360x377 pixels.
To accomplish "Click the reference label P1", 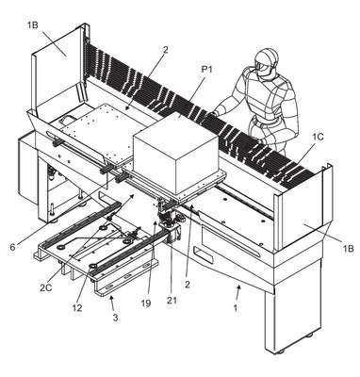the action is click(x=206, y=70).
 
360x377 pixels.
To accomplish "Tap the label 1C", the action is click(x=318, y=137).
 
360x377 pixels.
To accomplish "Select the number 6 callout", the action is click(x=12, y=247).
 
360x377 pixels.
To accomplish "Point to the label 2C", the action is click(x=46, y=287).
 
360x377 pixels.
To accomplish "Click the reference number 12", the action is click(x=77, y=307).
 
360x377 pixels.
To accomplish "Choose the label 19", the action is click(x=146, y=303).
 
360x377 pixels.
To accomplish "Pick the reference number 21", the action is click(x=172, y=301).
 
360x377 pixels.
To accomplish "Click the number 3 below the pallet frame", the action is click(x=115, y=318).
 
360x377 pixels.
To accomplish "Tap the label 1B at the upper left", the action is click(x=32, y=25).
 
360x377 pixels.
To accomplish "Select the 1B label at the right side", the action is click(x=348, y=249).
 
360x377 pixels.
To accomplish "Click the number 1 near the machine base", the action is click(x=236, y=308).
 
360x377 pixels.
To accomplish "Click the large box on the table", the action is click(x=176, y=153).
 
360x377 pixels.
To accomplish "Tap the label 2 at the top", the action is click(x=166, y=49).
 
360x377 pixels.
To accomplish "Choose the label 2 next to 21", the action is click(x=188, y=285).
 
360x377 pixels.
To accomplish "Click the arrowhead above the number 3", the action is click(x=111, y=296).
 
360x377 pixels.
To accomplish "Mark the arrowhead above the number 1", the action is click(x=239, y=287).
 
